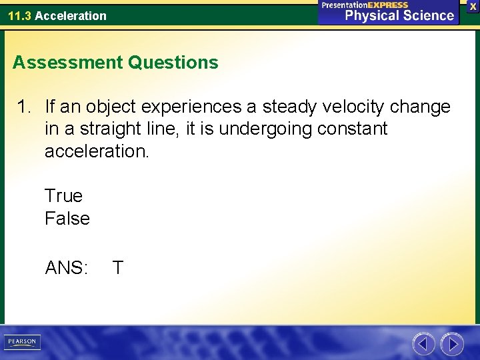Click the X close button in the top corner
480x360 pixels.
(x=473, y=6)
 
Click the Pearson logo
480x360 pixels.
(x=22, y=342)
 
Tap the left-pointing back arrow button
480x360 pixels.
(x=423, y=344)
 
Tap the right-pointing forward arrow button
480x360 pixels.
(x=453, y=344)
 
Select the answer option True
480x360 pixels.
(x=63, y=196)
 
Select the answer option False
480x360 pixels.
(x=67, y=219)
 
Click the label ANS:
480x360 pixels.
(x=66, y=268)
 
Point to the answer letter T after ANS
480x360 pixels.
(x=118, y=268)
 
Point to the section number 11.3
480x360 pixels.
(x=19, y=15)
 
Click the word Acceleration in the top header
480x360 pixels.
(x=71, y=15)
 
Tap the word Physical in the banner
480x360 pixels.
(x=371, y=15)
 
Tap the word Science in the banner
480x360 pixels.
(x=427, y=15)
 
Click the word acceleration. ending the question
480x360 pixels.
(x=97, y=151)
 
